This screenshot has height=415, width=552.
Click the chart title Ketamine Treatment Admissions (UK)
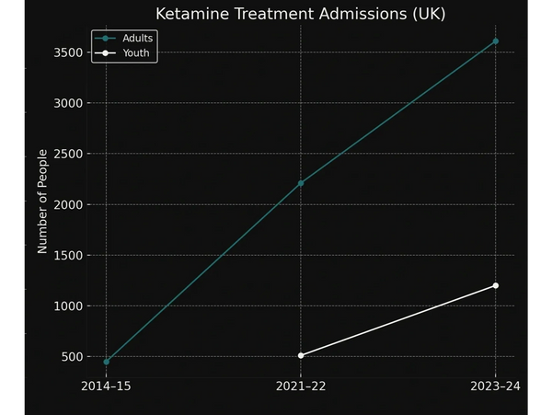(300, 14)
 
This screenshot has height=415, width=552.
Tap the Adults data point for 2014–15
(106, 362)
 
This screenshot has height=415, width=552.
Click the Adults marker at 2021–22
(301, 183)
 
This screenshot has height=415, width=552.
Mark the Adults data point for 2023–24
(496, 41)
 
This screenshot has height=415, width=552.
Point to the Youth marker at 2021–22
(301, 355)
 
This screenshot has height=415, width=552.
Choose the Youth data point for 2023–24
(496, 285)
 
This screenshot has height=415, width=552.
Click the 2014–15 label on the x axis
(106, 386)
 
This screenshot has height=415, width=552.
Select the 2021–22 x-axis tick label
(301, 386)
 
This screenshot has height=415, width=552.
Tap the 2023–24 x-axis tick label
(496, 386)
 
